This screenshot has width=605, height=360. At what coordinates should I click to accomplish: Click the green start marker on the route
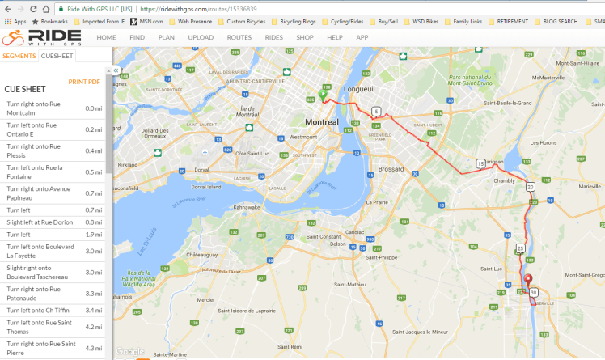[x=322, y=95]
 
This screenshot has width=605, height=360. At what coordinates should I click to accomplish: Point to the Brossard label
[x=391, y=169]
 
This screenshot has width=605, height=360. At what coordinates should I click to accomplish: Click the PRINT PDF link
[x=84, y=81]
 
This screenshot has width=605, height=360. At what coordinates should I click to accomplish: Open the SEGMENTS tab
[x=19, y=56]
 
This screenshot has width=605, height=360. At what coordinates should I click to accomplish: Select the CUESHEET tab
[x=57, y=56]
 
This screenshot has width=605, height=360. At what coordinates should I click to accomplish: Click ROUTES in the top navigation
[x=239, y=37]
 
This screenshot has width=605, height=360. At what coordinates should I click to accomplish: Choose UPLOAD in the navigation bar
[x=201, y=37]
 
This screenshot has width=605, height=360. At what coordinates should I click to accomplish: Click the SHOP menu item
[x=305, y=37]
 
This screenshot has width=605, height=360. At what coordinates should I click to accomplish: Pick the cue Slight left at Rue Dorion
[x=40, y=222]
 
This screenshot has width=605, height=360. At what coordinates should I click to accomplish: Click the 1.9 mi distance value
[x=94, y=235]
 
